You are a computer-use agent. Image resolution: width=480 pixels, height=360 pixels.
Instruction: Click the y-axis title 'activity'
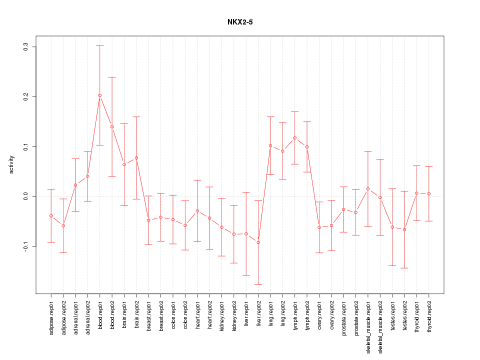click(12, 164)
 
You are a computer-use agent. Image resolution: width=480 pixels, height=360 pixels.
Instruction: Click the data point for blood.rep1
click(100, 95)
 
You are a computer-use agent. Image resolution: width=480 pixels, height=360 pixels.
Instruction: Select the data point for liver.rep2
click(258, 242)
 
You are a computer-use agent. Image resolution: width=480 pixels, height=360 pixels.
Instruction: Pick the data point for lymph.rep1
click(295, 138)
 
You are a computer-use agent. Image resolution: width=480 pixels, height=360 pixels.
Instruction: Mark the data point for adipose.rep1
click(51, 216)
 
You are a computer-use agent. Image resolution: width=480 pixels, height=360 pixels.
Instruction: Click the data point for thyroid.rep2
click(429, 193)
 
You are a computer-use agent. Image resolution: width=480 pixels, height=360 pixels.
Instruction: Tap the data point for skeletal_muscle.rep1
click(368, 189)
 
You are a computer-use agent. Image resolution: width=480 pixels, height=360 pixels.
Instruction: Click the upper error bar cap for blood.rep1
click(100, 45)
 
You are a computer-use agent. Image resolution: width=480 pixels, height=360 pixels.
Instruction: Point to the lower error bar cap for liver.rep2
click(258, 284)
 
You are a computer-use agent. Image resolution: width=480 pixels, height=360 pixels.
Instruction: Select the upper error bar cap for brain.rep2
click(136, 116)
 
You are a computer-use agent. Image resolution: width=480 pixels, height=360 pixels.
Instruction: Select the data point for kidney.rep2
click(234, 234)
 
